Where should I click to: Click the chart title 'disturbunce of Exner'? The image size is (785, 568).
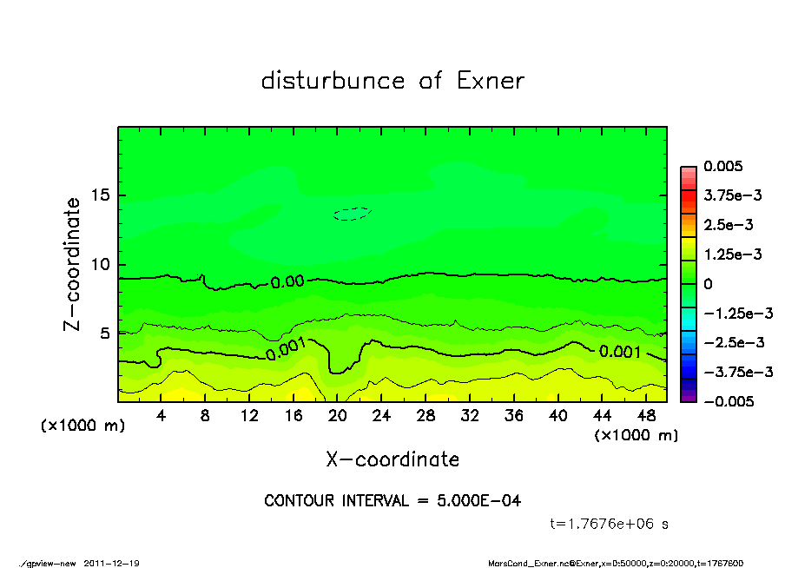click(392, 81)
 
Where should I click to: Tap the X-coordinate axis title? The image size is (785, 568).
click(392, 459)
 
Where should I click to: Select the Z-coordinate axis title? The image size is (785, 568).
click(72, 264)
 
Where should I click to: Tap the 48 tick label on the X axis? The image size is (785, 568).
click(644, 416)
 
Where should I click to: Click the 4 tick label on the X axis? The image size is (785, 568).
click(162, 416)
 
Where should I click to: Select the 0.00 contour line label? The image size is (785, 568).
click(287, 282)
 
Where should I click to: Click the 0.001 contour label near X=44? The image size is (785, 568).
click(620, 352)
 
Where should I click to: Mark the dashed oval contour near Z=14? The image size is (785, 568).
click(353, 214)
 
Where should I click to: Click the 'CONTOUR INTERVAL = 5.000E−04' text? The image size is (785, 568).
click(392, 501)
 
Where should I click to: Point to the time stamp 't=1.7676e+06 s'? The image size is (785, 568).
click(610, 524)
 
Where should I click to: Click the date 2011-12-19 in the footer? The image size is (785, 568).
click(112, 563)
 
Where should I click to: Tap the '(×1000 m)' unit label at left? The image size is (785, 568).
click(83, 426)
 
